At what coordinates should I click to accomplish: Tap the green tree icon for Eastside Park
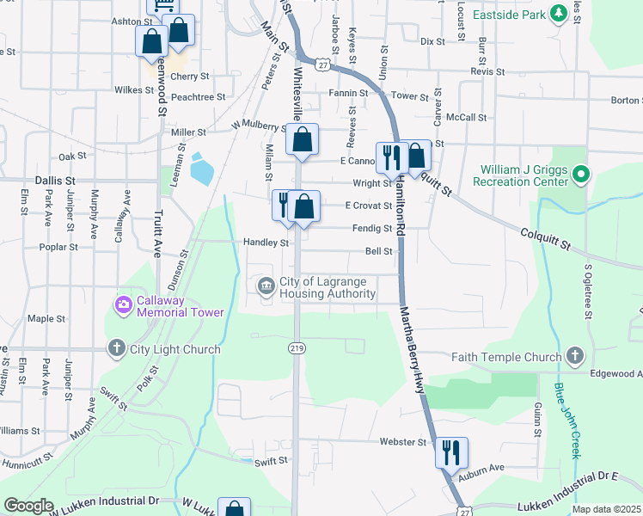[x=558, y=13]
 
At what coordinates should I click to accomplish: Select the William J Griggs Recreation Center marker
[x=581, y=175]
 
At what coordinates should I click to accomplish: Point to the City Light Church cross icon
[x=117, y=349]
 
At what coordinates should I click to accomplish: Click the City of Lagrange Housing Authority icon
[x=266, y=286]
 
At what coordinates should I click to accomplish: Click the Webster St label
[x=403, y=442]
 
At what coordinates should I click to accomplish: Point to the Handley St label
[x=266, y=243]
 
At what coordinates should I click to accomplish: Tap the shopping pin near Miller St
[x=303, y=139]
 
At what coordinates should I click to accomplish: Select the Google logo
[x=28, y=506]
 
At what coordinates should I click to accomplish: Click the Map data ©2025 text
[x=607, y=509]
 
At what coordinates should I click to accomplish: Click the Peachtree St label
[x=198, y=98]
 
